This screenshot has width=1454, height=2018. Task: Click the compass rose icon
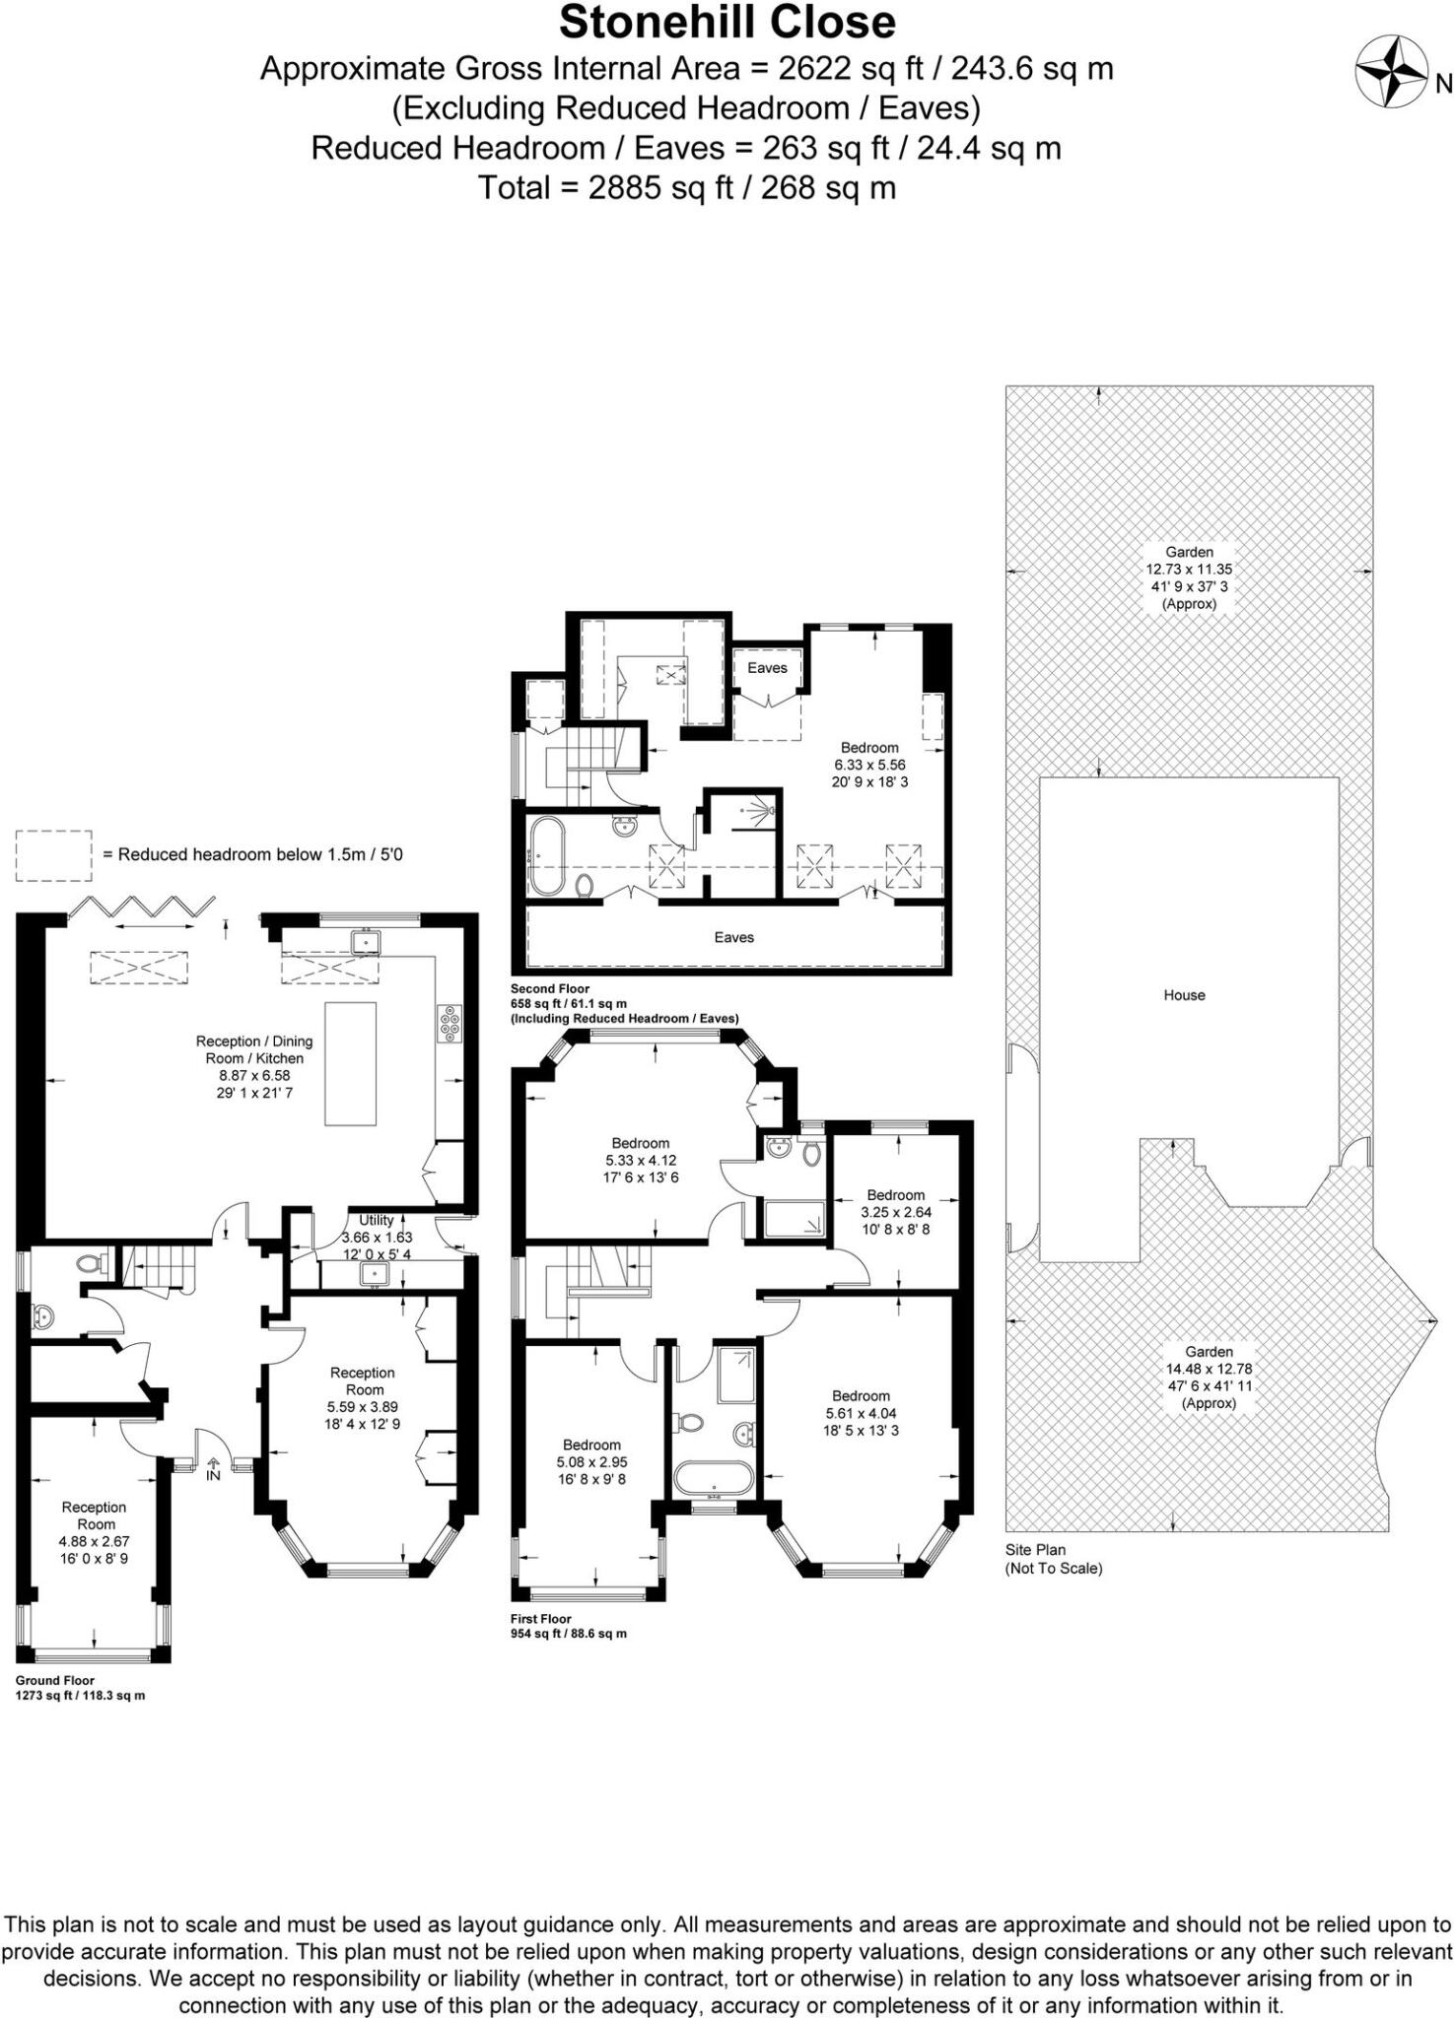[1391, 71]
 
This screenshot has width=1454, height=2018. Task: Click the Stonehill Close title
[727, 22]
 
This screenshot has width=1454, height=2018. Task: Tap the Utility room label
[376, 1220]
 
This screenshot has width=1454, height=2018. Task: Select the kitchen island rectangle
[350, 1063]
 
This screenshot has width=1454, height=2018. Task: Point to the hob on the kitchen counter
[450, 1022]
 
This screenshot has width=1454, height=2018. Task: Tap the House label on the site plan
[1184, 995]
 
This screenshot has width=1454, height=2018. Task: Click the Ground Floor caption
[55, 1681]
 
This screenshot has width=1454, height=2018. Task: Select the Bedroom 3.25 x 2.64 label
[895, 1212]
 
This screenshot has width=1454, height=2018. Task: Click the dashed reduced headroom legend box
[53, 855]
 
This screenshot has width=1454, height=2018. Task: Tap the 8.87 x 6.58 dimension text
[254, 1076]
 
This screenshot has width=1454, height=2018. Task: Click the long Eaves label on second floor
[733, 937]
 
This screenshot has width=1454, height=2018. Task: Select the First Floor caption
[540, 1619]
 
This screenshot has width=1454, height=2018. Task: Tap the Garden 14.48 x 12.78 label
[1209, 1377]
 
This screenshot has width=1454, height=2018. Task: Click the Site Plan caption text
[1035, 1550]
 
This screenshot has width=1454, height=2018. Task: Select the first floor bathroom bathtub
[714, 1477]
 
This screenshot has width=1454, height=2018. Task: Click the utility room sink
[375, 1275]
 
